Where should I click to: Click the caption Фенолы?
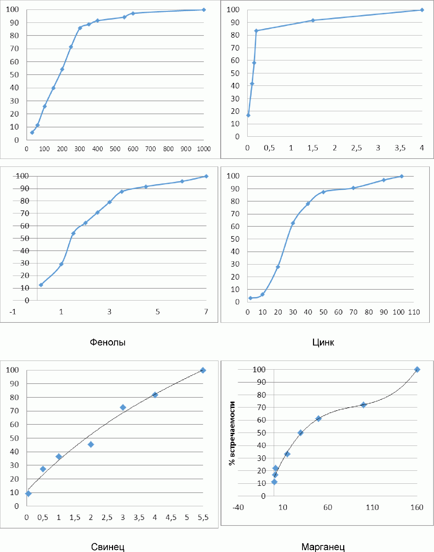[x=108, y=342]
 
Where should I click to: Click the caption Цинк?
[x=323, y=342]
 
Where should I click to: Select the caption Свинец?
[x=108, y=547]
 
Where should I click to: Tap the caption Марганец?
[x=323, y=547]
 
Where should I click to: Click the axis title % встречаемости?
[x=232, y=433]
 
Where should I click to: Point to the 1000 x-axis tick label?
[x=204, y=149]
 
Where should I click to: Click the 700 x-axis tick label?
[x=150, y=149]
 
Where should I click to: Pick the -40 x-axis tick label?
[x=238, y=507]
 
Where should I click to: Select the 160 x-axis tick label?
[x=417, y=507]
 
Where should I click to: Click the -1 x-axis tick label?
[x=13, y=312]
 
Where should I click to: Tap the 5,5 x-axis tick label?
[x=203, y=517]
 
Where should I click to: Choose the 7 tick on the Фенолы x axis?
[x=206, y=312]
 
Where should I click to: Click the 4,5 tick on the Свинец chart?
[x=171, y=517]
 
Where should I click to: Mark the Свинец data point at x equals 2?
[x=91, y=445]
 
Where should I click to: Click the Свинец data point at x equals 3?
[x=123, y=407]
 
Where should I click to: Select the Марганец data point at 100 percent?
[x=417, y=370]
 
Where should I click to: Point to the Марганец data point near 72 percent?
[x=364, y=405]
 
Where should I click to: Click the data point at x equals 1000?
[x=204, y=10]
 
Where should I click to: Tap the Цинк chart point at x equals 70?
[x=353, y=188]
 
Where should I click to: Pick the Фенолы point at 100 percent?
[x=206, y=176]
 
